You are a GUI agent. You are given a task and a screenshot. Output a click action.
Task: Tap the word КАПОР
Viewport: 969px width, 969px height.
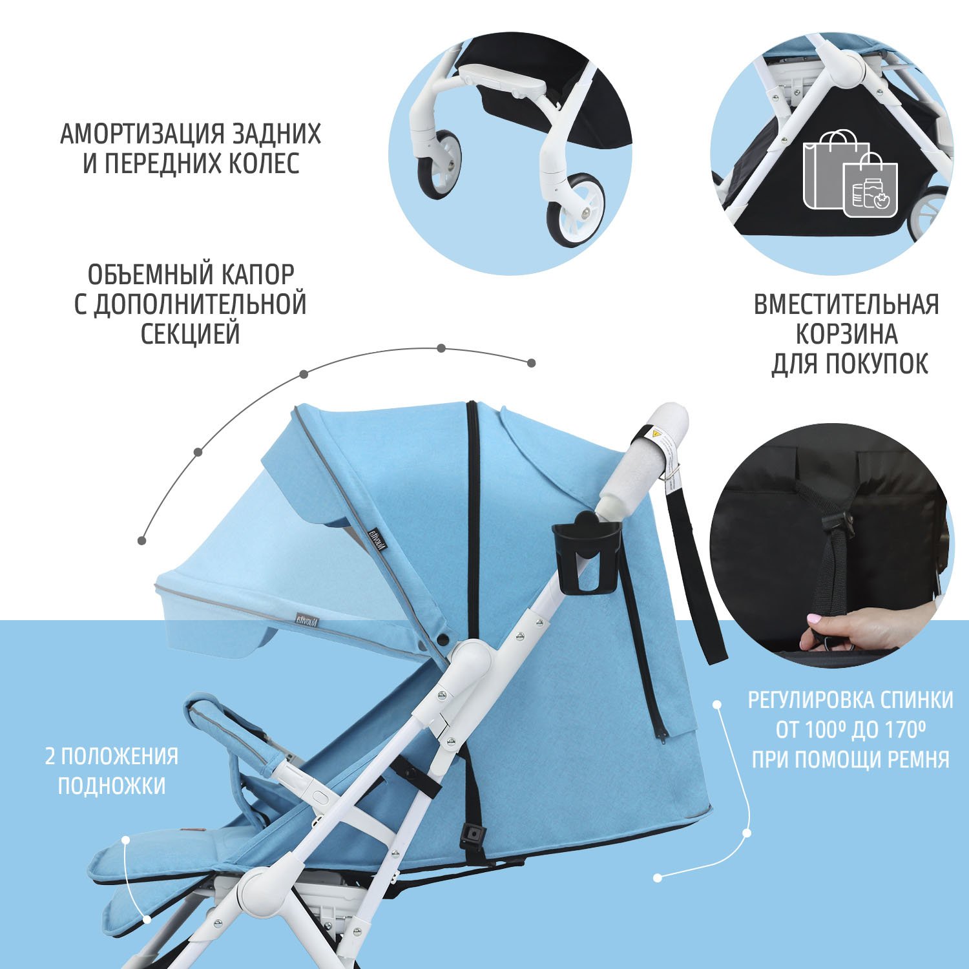click(258, 275)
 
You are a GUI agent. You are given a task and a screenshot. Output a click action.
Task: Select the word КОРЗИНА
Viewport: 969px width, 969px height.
click(846, 335)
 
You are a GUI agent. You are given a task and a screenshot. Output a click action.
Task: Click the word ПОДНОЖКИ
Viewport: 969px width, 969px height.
click(112, 786)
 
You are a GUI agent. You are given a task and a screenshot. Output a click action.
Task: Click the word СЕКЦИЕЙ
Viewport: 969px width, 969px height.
click(191, 334)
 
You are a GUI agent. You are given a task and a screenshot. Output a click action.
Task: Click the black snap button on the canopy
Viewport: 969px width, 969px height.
click(443, 638)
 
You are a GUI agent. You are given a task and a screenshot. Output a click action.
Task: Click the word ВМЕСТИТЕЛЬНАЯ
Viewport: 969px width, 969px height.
click(846, 304)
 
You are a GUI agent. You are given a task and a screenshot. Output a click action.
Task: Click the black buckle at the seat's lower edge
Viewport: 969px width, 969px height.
click(473, 835)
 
